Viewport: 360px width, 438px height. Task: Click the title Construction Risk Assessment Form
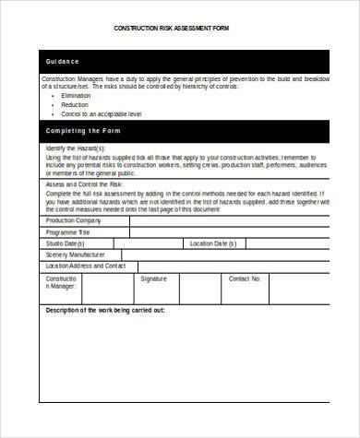click(171, 29)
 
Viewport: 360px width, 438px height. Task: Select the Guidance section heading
click(62, 62)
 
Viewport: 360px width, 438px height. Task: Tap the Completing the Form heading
click(82, 131)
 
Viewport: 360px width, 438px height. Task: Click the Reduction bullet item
click(74, 104)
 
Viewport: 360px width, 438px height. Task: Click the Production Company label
click(73, 220)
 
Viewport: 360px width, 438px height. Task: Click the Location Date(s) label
click(213, 243)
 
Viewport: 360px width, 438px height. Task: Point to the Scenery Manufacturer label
click(75, 255)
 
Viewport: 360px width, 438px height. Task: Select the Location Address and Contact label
click(85, 266)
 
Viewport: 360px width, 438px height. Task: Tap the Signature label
click(153, 278)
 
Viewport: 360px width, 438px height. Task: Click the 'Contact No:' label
click(245, 278)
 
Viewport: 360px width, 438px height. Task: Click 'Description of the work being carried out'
click(105, 311)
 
